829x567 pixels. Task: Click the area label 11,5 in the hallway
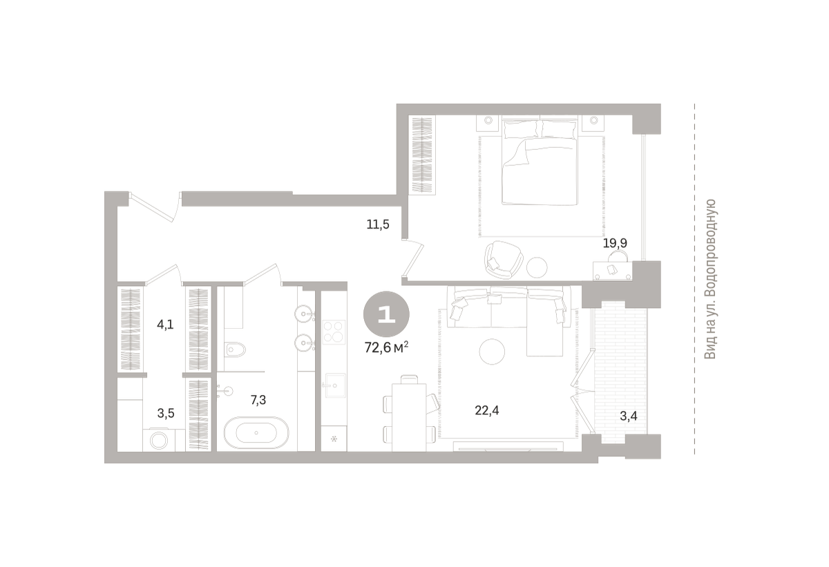378,224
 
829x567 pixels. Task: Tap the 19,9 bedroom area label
615,243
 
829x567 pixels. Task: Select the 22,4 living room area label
487,410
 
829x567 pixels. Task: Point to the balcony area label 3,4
629,416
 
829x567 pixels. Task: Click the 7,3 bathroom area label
258,400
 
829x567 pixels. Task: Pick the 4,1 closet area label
165,325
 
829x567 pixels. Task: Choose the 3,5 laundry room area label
166,413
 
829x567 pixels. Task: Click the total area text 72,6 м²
387,347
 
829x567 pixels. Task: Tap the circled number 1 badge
386,314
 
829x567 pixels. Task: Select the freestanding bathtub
256,432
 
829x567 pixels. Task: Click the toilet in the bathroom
235,348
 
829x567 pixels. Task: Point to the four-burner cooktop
334,331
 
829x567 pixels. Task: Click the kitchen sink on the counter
334,385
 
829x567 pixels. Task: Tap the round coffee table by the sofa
492,352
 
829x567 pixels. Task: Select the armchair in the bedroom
504,260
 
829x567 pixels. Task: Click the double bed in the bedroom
540,162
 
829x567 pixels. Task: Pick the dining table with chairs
409,414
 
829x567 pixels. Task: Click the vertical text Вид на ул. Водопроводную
710,279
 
